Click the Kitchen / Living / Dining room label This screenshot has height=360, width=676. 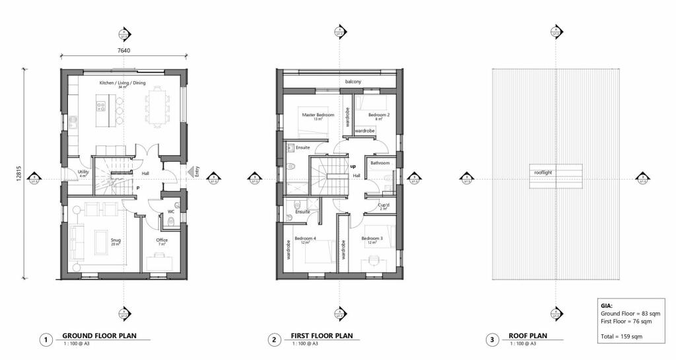click(122, 83)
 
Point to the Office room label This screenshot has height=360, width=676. click(162, 240)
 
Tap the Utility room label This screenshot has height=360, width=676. click(83, 172)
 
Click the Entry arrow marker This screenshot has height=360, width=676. click(191, 172)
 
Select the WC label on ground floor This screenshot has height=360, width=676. click(171, 212)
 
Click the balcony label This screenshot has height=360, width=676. click(353, 82)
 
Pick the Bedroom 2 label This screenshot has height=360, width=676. click(378, 115)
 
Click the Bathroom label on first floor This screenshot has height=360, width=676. click(380, 162)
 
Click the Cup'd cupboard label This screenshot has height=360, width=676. click(384, 205)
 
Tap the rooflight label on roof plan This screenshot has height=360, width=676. click(544, 173)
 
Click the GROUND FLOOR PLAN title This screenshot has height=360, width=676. click(99, 336)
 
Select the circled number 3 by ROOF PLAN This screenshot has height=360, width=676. click(490, 340)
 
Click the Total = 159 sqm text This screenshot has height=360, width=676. click(622, 336)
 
